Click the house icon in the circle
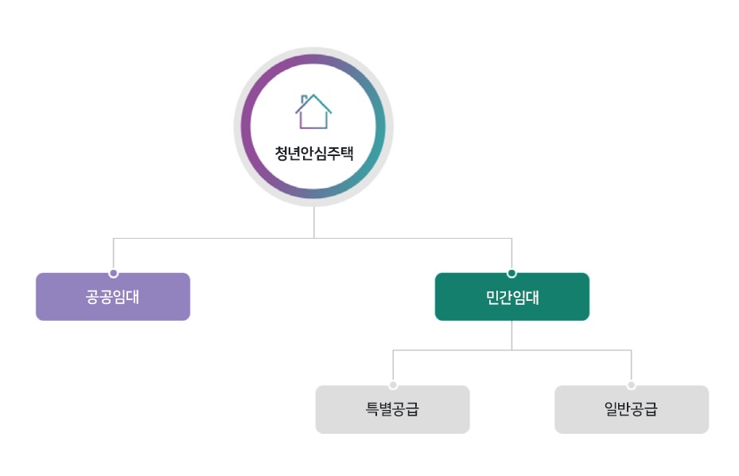pos(313,112)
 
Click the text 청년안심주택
pos(313,154)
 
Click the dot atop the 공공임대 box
pos(114,273)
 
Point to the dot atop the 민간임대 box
pos(511,273)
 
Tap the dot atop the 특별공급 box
pos(393,385)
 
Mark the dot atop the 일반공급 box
pos(631,385)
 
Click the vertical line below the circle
pos(313,223)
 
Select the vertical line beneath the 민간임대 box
pos(511,335)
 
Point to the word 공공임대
pos(113,298)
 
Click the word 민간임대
pos(512,298)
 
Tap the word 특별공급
pos(392,410)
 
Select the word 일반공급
pos(631,410)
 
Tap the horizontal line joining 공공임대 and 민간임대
pos(215,238)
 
